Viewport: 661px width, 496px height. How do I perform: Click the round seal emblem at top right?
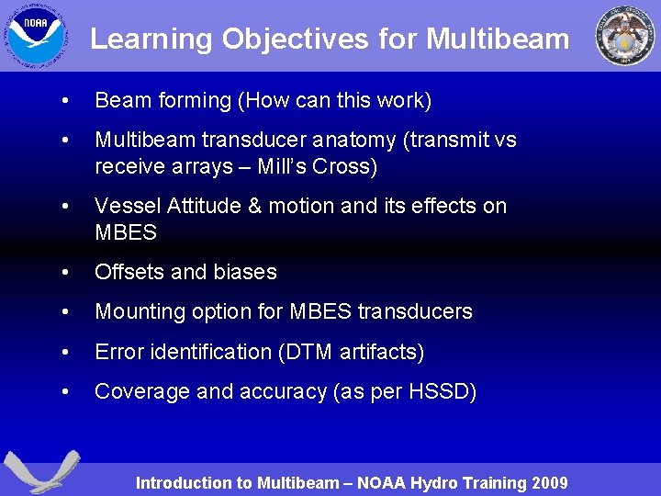(625, 36)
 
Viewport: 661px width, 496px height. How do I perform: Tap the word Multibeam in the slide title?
(499, 39)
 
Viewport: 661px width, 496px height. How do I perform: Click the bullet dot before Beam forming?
(62, 100)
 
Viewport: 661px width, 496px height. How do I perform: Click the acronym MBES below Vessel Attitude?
(126, 232)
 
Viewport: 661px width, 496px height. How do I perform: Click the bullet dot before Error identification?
(62, 352)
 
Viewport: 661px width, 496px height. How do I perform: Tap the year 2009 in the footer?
(549, 483)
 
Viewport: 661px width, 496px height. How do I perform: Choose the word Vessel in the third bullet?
(126, 206)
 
